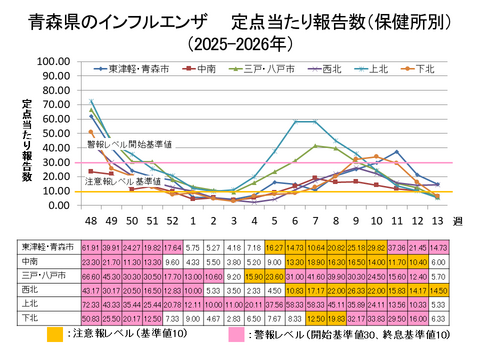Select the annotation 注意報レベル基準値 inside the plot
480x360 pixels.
pos(121,182)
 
